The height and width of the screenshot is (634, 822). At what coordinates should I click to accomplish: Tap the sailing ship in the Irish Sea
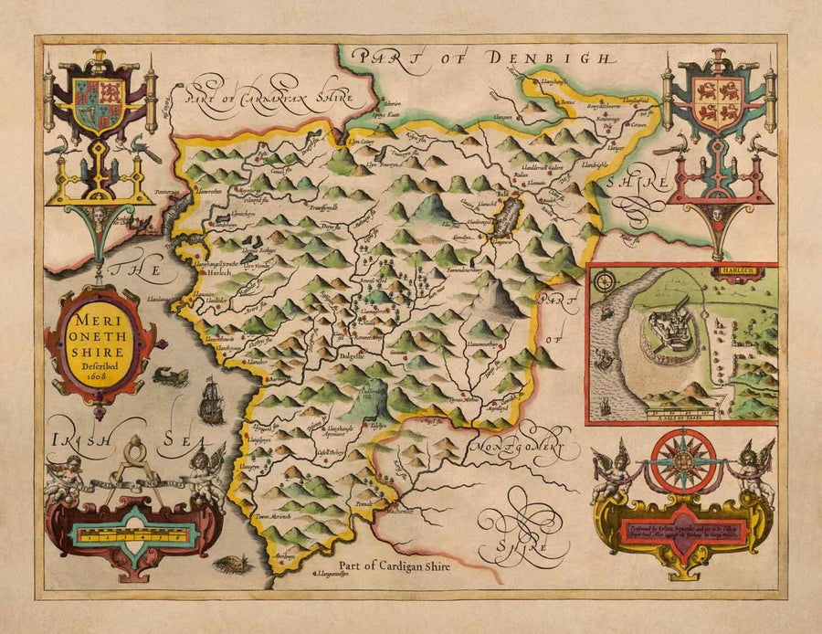coord(210,399)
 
